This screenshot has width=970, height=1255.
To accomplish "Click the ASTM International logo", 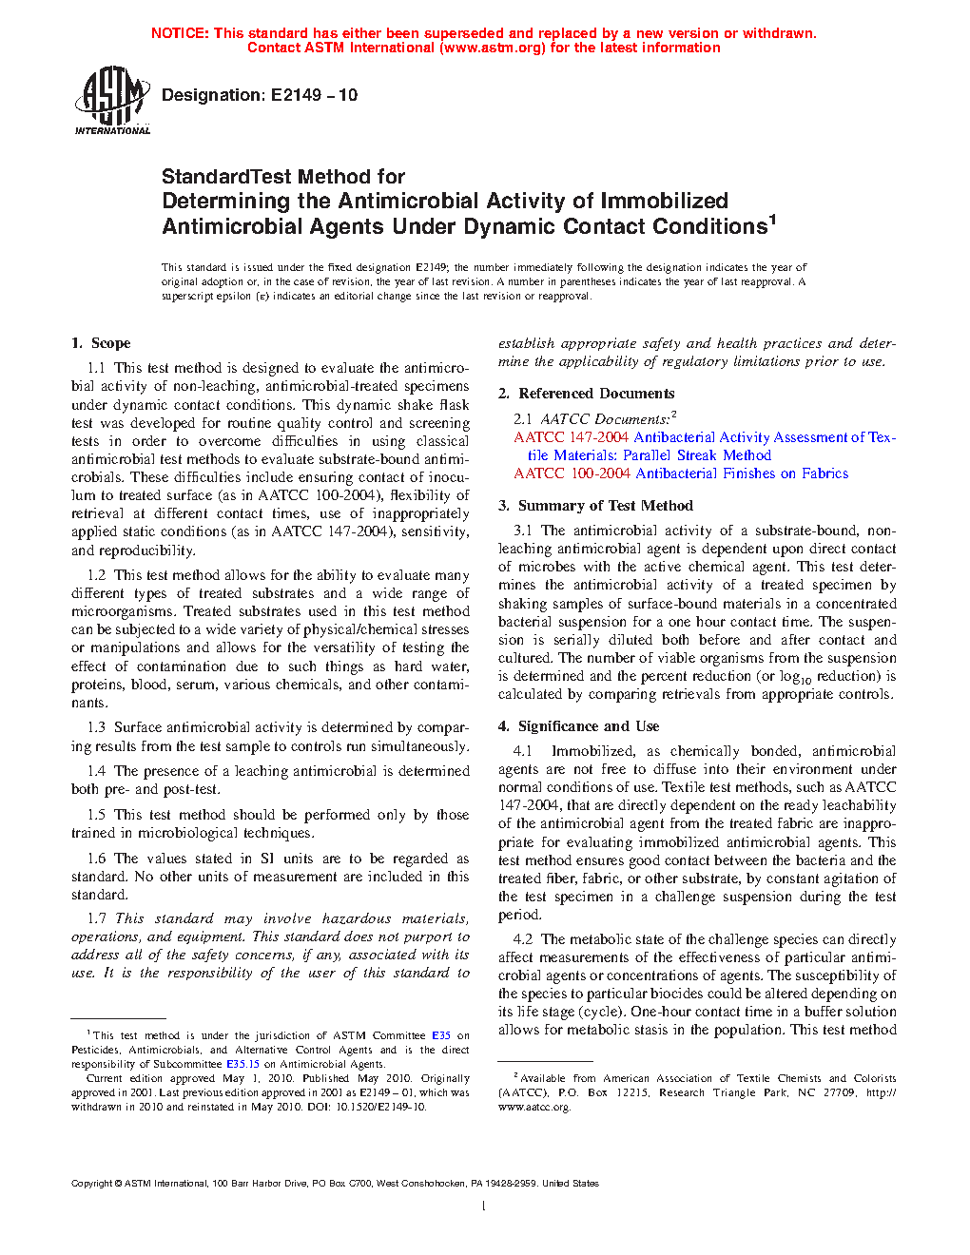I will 112,100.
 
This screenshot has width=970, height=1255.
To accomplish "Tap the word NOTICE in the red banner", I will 180,33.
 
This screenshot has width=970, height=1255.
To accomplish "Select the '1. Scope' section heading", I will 101,343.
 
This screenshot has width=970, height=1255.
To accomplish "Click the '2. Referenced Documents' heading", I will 586,394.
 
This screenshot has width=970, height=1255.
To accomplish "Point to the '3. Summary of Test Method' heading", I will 595,506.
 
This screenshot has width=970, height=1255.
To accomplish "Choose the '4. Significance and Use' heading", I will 578,726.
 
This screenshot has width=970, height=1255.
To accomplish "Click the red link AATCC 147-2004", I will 571,437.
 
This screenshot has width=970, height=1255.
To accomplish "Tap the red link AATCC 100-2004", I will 571,473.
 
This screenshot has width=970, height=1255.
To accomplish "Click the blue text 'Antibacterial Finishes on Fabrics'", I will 742,473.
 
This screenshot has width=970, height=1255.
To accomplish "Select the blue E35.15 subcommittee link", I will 242,1064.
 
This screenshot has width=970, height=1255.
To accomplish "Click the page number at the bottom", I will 484,1207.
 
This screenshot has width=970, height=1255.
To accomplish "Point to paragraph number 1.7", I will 97,918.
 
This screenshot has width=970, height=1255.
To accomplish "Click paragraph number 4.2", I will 523,939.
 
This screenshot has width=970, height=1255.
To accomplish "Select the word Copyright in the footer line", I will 91,1184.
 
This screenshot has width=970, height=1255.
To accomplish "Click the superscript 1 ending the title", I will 773,221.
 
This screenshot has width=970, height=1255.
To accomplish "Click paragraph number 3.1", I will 523,531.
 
